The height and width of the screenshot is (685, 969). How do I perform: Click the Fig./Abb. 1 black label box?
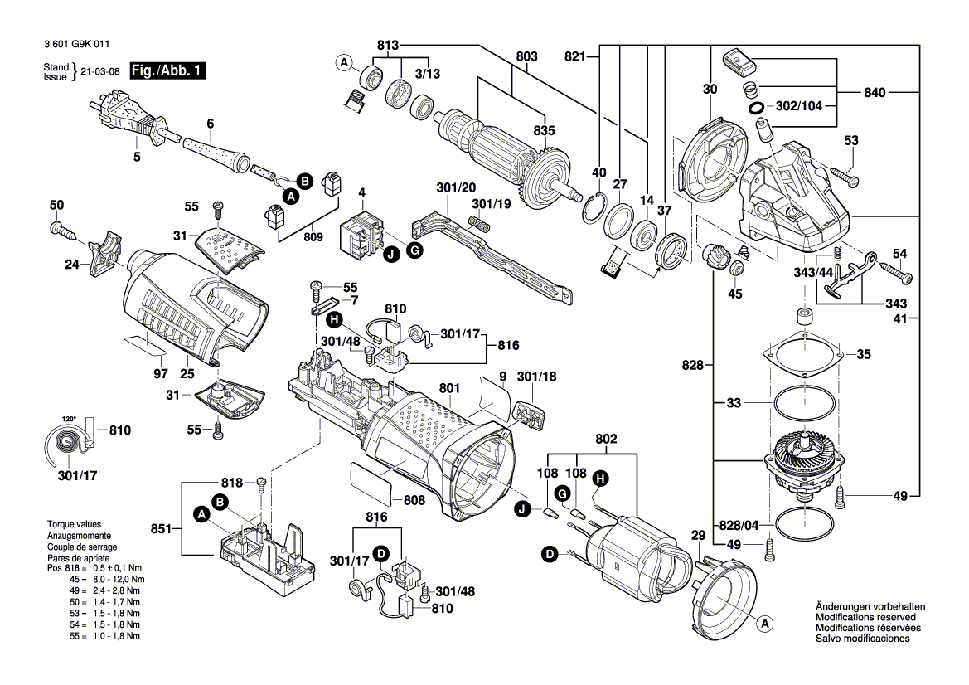pyautogui.click(x=167, y=72)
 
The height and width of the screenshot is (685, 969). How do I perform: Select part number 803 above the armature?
pyautogui.click(x=527, y=56)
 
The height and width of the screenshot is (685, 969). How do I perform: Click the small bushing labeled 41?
pyautogui.click(x=802, y=317)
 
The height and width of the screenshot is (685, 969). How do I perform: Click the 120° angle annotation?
pyautogui.click(x=67, y=418)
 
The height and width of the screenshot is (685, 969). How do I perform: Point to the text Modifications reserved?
pyautogui.click(x=865, y=618)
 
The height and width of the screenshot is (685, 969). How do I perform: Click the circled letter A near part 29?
pyautogui.click(x=765, y=623)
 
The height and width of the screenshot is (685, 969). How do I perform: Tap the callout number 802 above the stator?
pyautogui.click(x=607, y=439)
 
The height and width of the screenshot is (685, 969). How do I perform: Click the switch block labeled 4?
pyautogui.click(x=362, y=234)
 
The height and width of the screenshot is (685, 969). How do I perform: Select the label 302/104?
pyautogui.click(x=799, y=107)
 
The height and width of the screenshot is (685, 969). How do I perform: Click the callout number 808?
pyautogui.click(x=414, y=500)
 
